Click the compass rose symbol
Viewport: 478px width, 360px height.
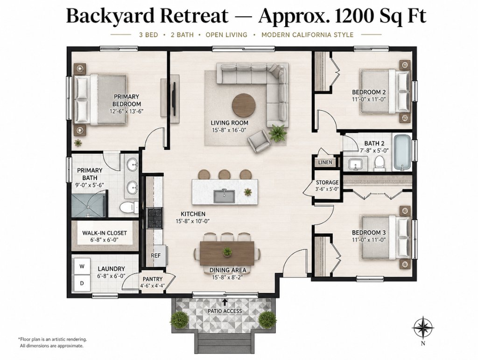pyautogui.click(x=423, y=328)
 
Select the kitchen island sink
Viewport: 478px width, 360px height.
pyautogui.click(x=224, y=196)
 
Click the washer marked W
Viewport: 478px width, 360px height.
pyautogui.click(x=82, y=266)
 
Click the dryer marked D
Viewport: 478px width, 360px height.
pyautogui.click(x=82, y=283)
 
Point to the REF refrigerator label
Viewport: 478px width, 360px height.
pyautogui.click(x=156, y=256)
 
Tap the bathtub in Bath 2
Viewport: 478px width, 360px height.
pyautogui.click(x=402, y=152)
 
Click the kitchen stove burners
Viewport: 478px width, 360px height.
pyautogui.click(x=155, y=218)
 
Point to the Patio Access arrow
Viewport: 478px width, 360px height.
pyautogui.click(x=225, y=302)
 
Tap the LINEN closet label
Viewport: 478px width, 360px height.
pyautogui.click(x=325, y=162)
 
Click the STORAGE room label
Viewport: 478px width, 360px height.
pyautogui.click(x=327, y=182)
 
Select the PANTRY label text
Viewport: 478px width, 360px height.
pyautogui.click(x=153, y=279)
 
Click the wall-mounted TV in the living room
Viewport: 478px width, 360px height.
pyautogui.click(x=174, y=93)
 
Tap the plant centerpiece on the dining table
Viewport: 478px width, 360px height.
pyautogui.click(x=227, y=251)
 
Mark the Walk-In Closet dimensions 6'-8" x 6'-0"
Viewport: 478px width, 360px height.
pyautogui.click(x=104, y=240)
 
